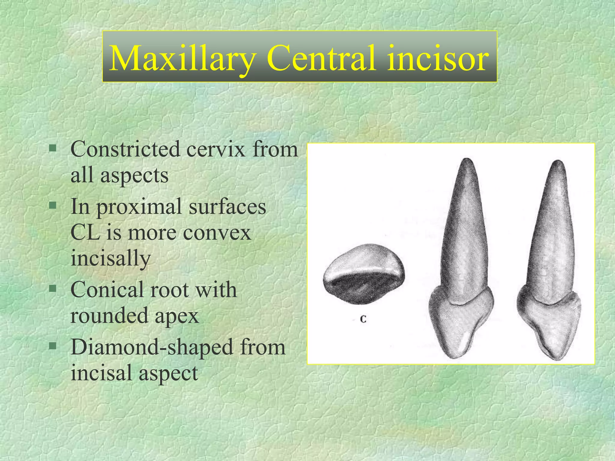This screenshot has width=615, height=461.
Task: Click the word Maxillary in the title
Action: pyautogui.click(x=182, y=58)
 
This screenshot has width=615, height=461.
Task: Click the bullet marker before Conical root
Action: pyautogui.click(x=53, y=289)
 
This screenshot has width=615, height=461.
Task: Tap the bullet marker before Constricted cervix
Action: pyautogui.click(x=53, y=148)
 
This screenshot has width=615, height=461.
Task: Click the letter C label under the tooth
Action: pyautogui.click(x=363, y=319)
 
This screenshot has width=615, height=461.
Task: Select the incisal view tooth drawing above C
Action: pyautogui.click(x=364, y=274)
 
